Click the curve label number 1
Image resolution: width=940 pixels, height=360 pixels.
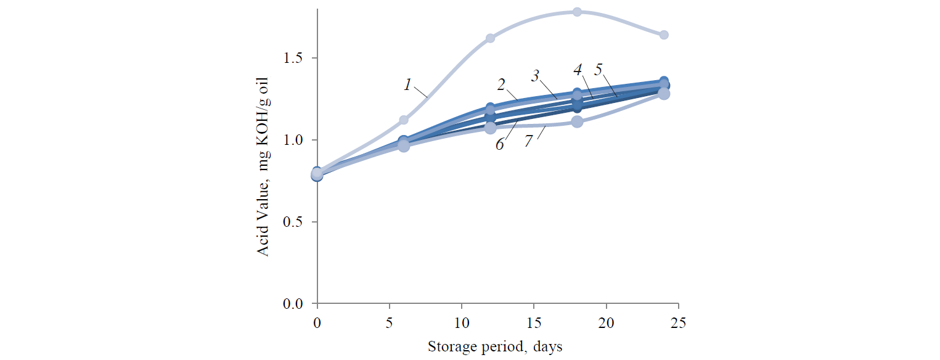coord(407,84)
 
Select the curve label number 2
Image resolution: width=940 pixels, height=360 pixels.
coord(502,83)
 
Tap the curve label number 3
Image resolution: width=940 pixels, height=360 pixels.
coord(536,76)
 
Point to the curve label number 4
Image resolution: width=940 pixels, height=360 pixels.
coord(578,70)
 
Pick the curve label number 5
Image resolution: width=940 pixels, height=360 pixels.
coord(598,70)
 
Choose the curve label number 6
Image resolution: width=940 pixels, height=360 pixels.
coord(500,144)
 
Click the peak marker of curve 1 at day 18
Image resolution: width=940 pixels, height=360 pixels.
coord(577,12)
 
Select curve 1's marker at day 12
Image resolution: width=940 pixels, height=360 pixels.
coord(490,38)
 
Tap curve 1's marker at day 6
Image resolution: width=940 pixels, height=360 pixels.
coord(404,120)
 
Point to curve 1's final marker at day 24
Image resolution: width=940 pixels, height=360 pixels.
coord(664,35)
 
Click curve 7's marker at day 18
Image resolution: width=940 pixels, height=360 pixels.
coord(577,121)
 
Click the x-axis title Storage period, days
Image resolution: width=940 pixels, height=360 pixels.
coord(495,347)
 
